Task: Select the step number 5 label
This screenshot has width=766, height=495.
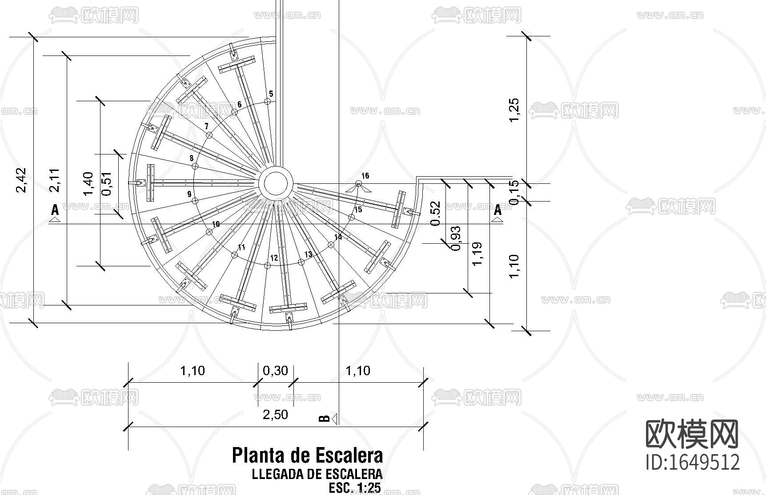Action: pyautogui.click(x=271, y=94)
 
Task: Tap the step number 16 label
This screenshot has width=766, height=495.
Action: pyautogui.click(x=365, y=176)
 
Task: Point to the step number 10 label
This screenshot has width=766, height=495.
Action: pyautogui.click(x=216, y=224)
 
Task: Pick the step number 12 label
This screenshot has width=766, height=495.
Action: pyautogui.click(x=274, y=258)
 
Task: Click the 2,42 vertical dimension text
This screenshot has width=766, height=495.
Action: pyautogui.click(x=21, y=180)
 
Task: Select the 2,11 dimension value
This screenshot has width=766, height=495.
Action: pyautogui.click(x=55, y=180)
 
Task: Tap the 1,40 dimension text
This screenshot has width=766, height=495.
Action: pyautogui.click(x=88, y=184)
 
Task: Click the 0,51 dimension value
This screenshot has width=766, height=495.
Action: pyautogui.click(x=107, y=184)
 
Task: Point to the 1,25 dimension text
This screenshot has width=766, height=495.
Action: pyautogui.click(x=513, y=110)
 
